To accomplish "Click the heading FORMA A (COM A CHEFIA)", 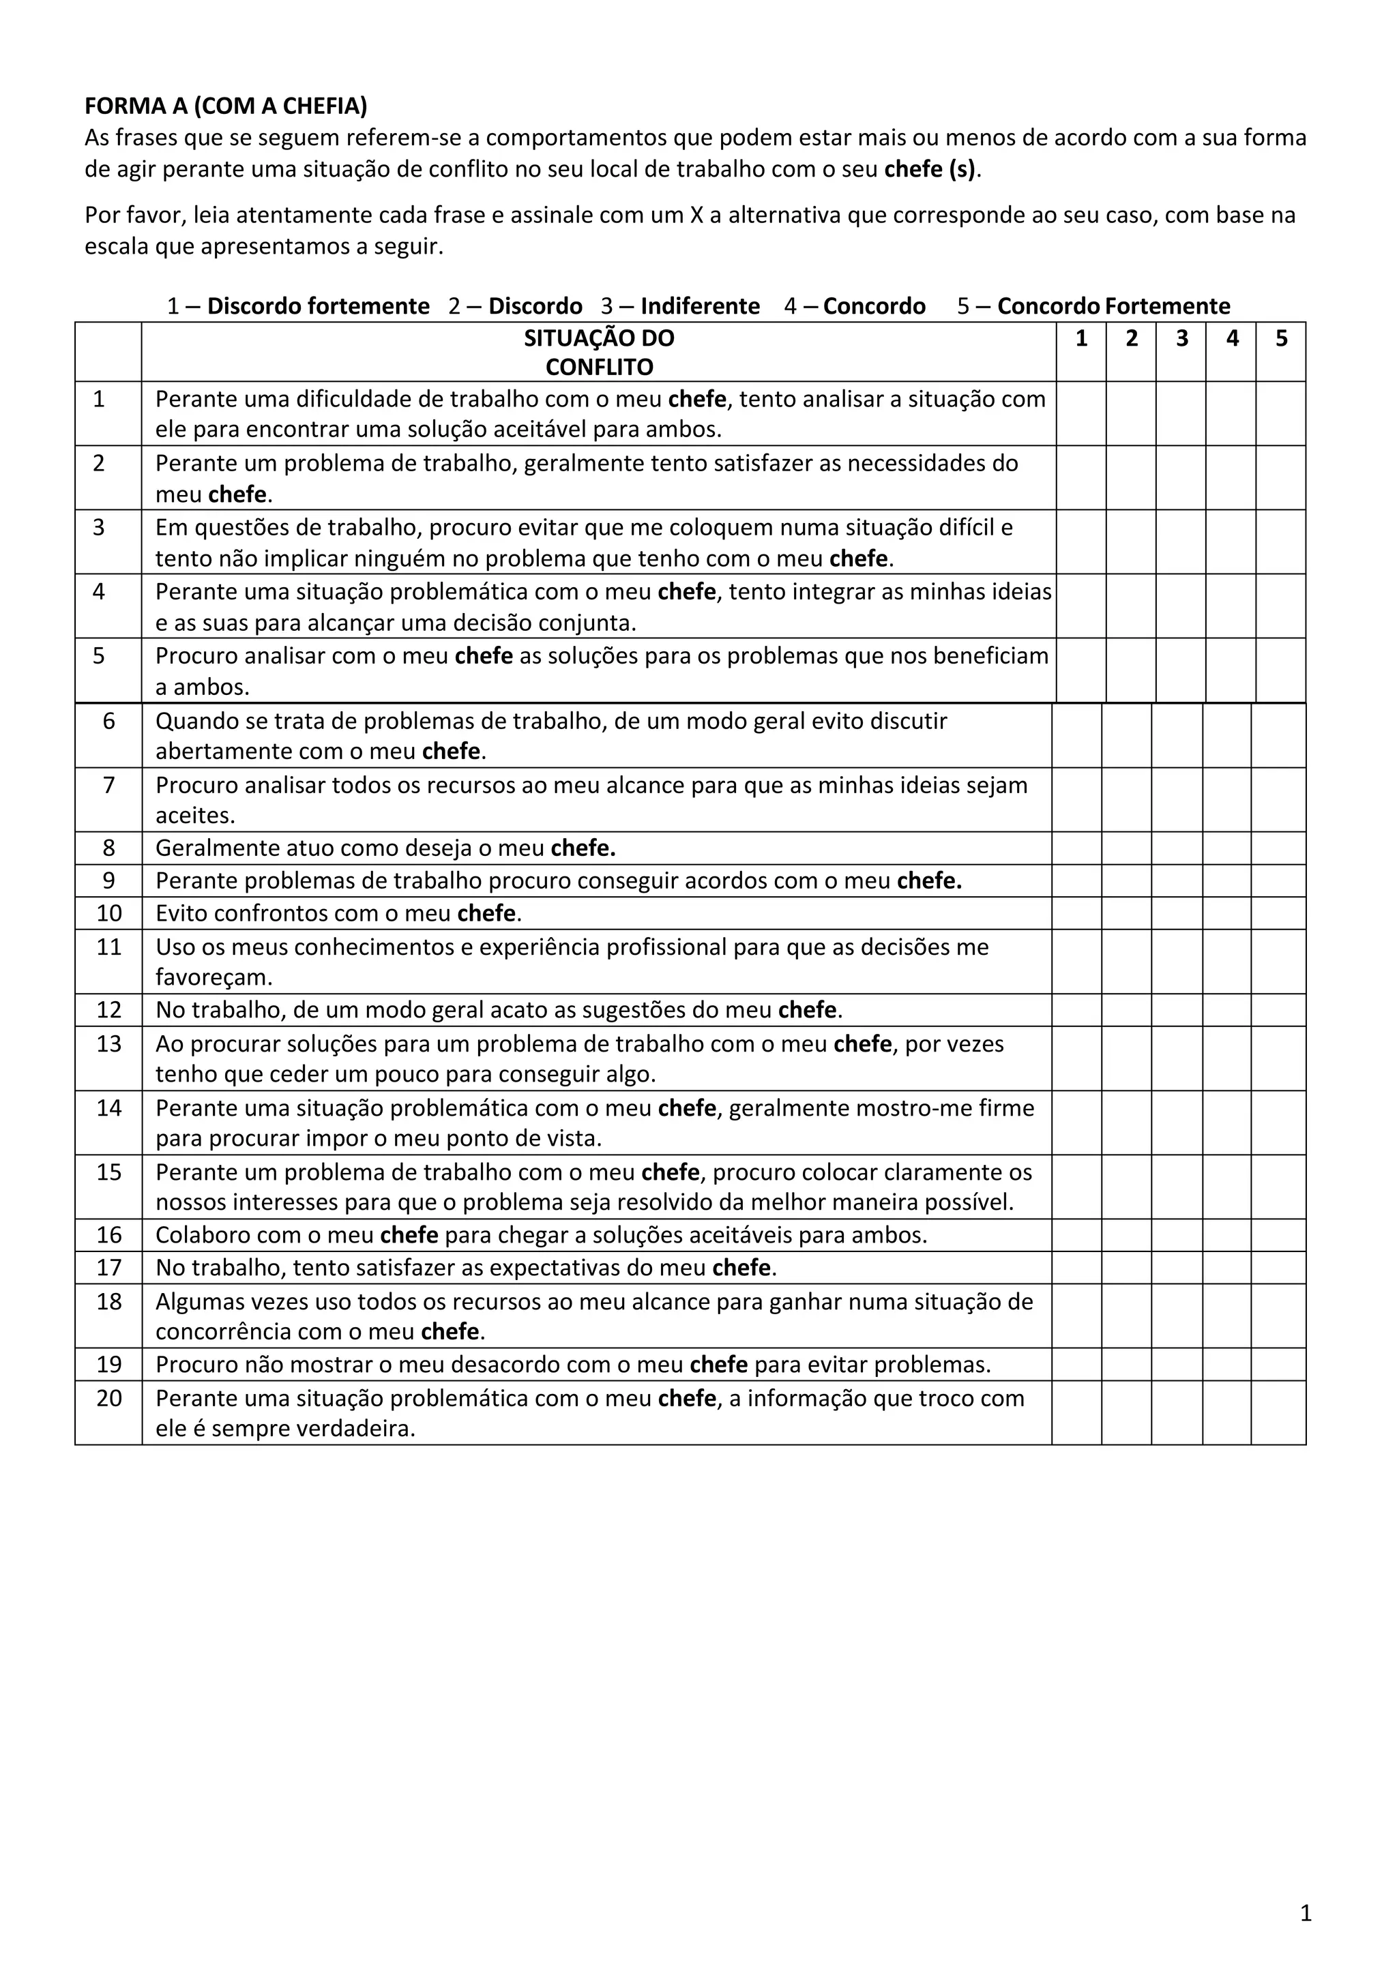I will (x=225, y=106).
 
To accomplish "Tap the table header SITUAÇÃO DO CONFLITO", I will (x=599, y=352).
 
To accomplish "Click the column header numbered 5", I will (x=1281, y=339).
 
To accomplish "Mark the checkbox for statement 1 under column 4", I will (x=1231, y=414).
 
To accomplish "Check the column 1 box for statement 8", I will (x=1076, y=848).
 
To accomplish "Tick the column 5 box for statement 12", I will (x=1278, y=1010).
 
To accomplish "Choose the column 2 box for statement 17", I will (x=1127, y=1268).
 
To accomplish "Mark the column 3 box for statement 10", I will (x=1177, y=914).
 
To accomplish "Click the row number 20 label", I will (x=109, y=1398).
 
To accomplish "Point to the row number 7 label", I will (x=109, y=786).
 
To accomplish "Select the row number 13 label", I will (x=109, y=1044).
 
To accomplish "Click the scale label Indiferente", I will (x=701, y=306).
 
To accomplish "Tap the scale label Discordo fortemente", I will (x=319, y=306).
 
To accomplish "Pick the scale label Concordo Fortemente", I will (x=1114, y=306).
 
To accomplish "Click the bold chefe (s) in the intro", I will (x=930, y=169).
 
